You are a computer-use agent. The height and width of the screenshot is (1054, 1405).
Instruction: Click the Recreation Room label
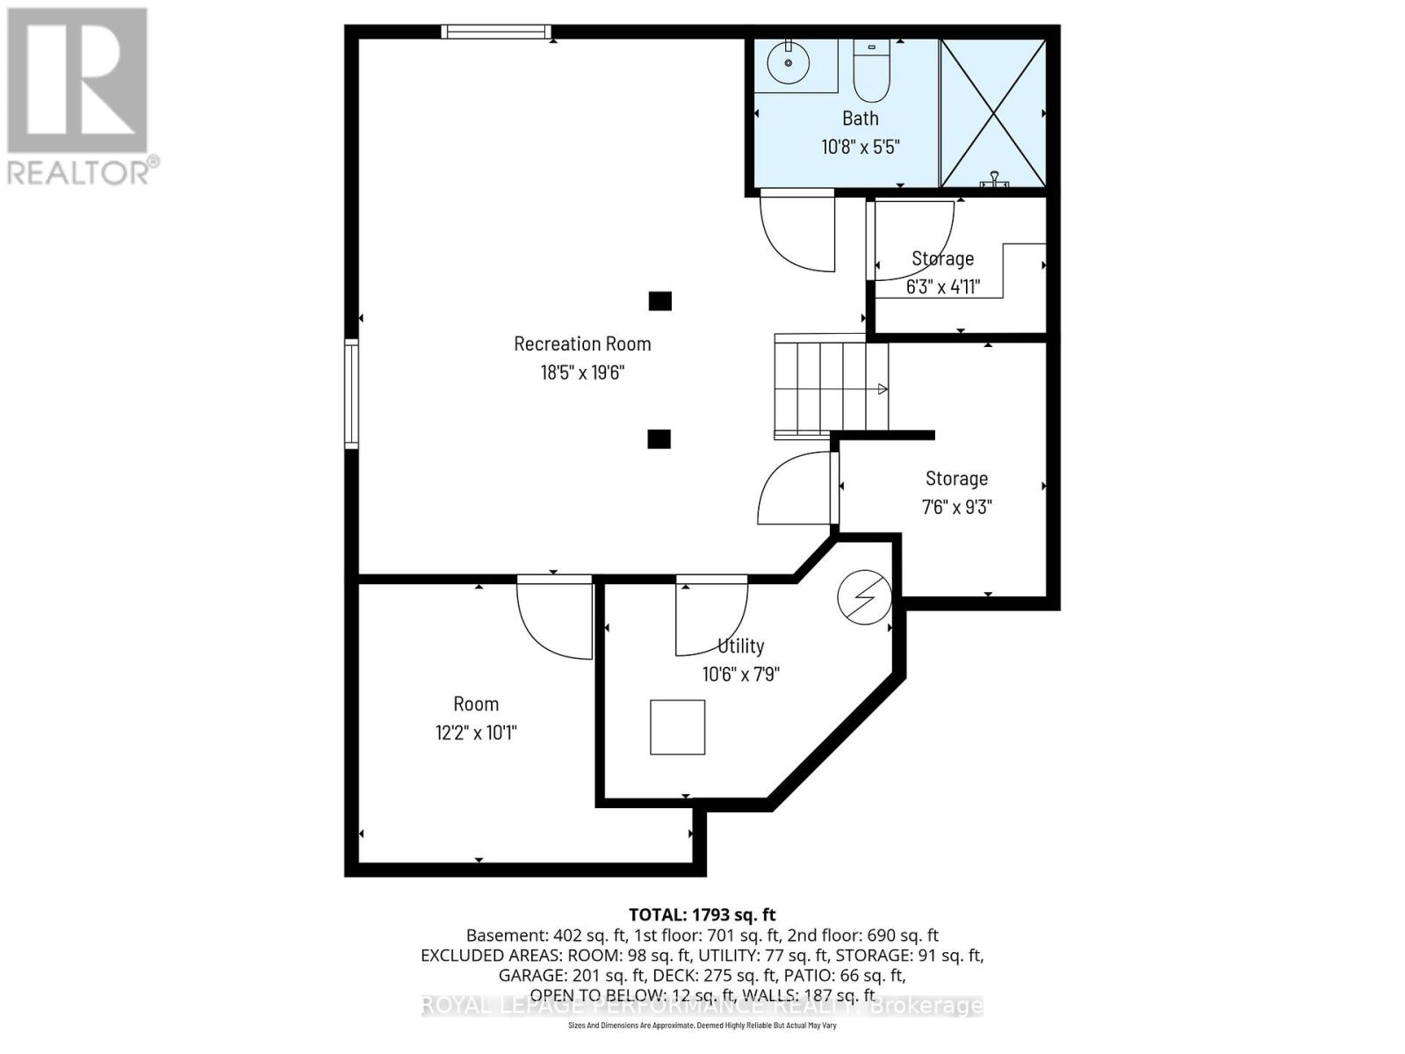582,344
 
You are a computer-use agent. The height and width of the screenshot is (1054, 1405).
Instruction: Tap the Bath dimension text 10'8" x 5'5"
861,147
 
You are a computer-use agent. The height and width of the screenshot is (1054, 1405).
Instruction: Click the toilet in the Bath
872,73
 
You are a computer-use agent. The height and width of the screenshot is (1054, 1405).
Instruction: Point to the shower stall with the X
993,113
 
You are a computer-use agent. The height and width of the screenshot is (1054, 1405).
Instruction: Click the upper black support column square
660,301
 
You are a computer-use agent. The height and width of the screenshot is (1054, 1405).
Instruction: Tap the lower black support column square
659,439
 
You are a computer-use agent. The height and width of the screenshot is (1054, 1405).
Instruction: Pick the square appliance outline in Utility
677,727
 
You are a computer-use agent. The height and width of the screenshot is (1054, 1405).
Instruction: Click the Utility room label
741,646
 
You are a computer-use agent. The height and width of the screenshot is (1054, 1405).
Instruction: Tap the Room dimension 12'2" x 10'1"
476,733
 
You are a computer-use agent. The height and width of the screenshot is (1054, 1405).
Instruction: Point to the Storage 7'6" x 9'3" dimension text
956,508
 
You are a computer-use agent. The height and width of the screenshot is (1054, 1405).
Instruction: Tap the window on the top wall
495,32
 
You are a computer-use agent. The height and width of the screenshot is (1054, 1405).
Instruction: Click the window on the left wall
351,394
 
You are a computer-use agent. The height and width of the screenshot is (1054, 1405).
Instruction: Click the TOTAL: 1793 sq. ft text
702,914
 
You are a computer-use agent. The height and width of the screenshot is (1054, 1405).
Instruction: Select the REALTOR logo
82,97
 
